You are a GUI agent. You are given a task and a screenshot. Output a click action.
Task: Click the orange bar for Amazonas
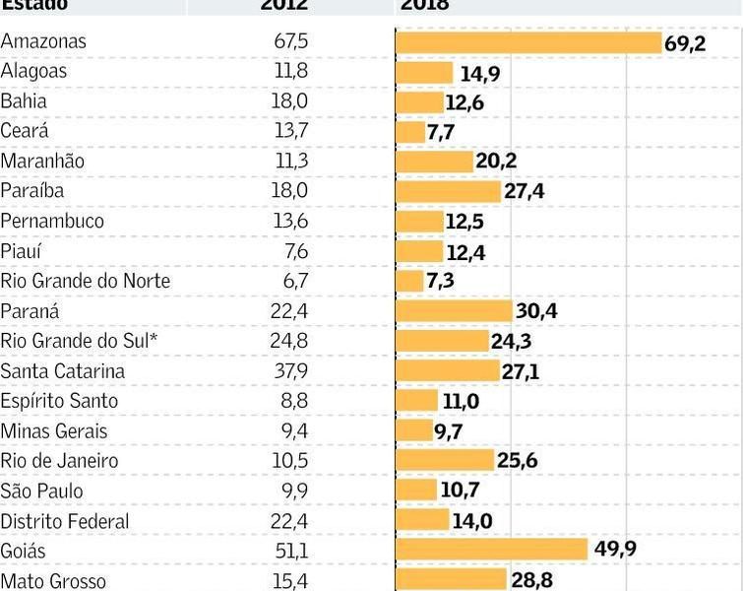pos(528,42)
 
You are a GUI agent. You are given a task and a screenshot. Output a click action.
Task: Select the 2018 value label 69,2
pos(685,43)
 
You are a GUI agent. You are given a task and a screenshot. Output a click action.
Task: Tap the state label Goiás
pos(24,551)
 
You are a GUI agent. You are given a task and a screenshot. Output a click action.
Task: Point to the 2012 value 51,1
pos(290,551)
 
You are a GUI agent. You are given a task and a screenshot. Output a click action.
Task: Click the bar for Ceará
pos(409,132)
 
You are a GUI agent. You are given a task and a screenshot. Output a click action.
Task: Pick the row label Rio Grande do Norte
pos(86,282)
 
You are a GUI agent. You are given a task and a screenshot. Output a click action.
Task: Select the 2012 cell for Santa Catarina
pos(290,371)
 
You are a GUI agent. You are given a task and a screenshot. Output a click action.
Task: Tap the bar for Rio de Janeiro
pos(445,461)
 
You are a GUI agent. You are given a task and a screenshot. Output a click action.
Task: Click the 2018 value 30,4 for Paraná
pos(537,311)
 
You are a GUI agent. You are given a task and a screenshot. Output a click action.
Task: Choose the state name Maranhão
pos(43,162)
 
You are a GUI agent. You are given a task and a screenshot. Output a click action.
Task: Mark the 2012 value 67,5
pos(290,42)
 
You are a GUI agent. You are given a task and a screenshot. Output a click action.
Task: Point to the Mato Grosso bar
pos(451,580)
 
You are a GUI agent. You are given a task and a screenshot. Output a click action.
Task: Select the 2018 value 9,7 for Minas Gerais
pos(449,431)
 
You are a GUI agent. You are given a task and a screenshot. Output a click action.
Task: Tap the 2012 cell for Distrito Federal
pos(290,521)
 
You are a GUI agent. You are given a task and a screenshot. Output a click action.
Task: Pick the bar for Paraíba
pos(448,192)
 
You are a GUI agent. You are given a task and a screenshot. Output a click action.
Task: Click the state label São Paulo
pos(42,491)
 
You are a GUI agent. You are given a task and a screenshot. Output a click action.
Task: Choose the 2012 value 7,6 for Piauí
pos(295,252)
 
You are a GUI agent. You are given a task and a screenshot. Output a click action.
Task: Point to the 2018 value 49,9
pos(615,549)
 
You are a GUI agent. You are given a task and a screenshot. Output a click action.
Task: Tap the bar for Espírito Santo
pos(416,401)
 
